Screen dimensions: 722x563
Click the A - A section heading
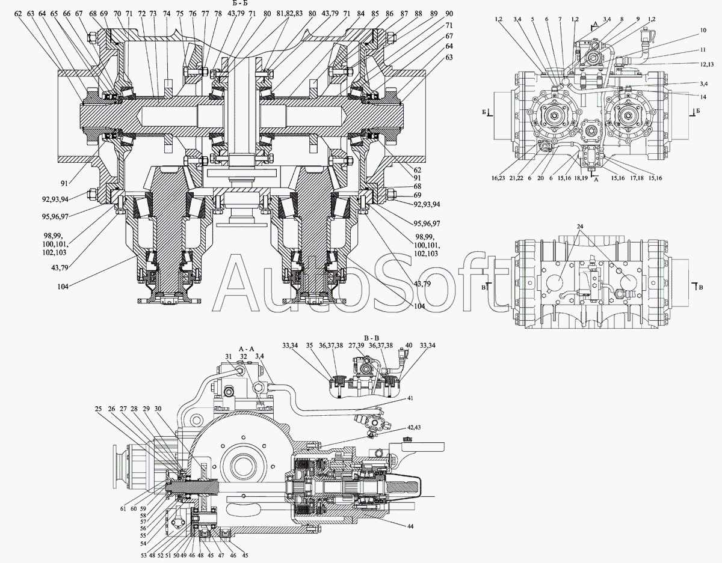[246, 348]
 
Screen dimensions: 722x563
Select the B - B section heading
[371, 338]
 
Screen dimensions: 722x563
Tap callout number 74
[167, 14]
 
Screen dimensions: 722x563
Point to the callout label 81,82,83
[289, 14]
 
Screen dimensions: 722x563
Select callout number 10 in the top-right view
[703, 30]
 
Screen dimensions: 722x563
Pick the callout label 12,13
[707, 65]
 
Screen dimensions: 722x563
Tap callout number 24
[580, 227]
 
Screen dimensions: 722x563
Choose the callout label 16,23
[498, 178]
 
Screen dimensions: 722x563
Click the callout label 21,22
[516, 178]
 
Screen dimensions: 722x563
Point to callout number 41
[410, 398]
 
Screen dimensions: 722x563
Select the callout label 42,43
[413, 427]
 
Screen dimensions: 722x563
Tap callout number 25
[98, 409]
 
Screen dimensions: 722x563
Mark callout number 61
[123, 509]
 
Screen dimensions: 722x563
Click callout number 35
[309, 345]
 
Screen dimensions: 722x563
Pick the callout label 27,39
[356, 345]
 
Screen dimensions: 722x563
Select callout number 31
[228, 357]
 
